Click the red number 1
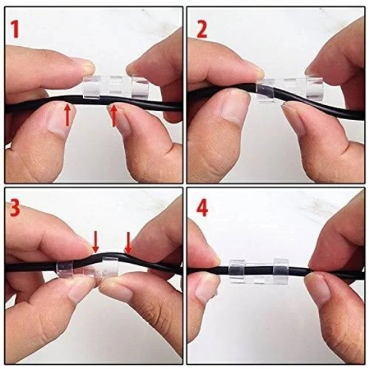pos(15,29)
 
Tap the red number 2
pos(202,29)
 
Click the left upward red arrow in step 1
pos(68,114)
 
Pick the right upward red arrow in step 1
pos(114,116)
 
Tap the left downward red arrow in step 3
pos(95,242)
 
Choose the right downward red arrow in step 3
pos(129,243)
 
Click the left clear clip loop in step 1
pos(92,87)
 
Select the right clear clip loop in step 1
pos(140,86)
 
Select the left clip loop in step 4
pos(237,271)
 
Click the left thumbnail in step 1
pos(57,122)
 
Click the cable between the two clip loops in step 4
pos(260,268)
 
